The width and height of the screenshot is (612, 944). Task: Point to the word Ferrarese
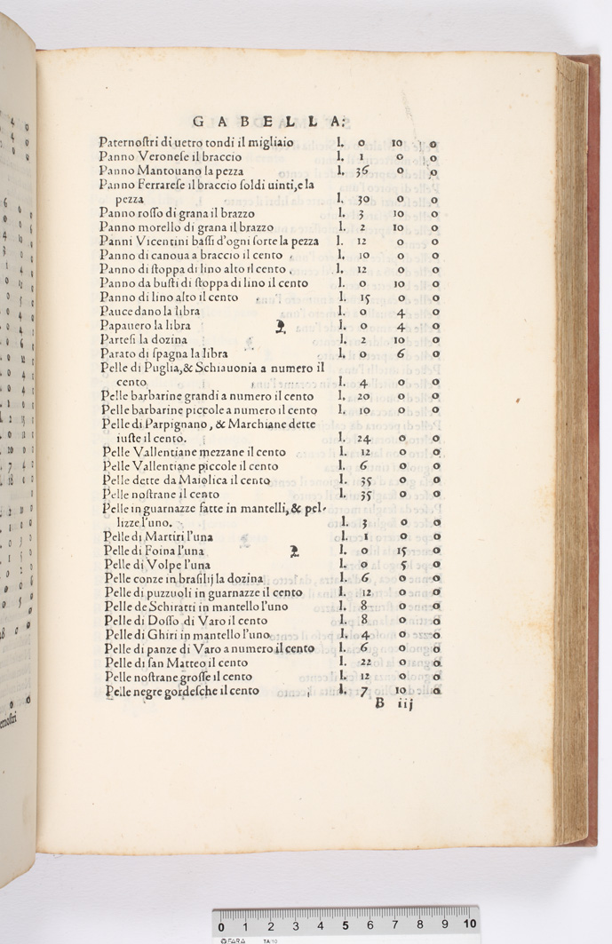[x=168, y=185]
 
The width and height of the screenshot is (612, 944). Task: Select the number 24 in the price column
[x=363, y=438]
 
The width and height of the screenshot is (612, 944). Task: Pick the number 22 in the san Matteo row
[x=364, y=663]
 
